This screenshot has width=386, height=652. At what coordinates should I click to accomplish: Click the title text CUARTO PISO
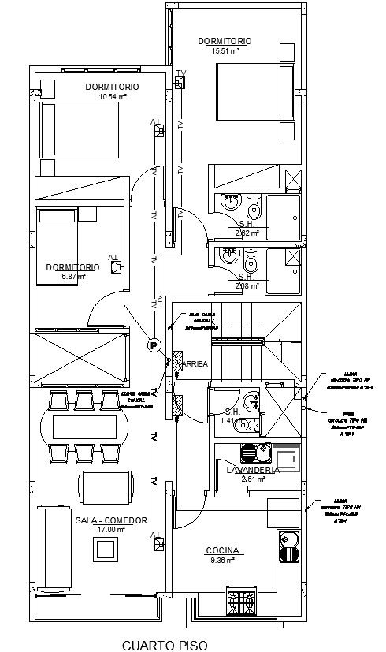pyautogui.click(x=165, y=645)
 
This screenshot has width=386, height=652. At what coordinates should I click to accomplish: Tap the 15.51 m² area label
pyautogui.click(x=225, y=50)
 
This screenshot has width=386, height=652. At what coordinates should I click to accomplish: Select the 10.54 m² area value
pyautogui.click(x=113, y=97)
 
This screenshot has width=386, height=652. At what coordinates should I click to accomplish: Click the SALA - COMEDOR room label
pyautogui.click(x=111, y=520)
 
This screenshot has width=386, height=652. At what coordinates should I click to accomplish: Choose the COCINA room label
pyautogui.click(x=223, y=551)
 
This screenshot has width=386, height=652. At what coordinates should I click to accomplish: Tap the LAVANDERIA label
pyautogui.click(x=253, y=470)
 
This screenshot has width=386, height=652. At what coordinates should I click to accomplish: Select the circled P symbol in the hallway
pyautogui.click(x=154, y=345)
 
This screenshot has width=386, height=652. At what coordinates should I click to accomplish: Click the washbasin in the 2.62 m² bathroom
pyautogui.click(x=230, y=203)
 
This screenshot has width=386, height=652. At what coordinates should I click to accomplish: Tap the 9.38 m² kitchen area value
pyautogui.click(x=222, y=561)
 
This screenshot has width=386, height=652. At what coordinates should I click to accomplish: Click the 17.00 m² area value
pyautogui.click(x=110, y=531)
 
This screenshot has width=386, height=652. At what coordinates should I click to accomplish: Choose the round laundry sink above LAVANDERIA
pyautogui.click(x=247, y=453)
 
